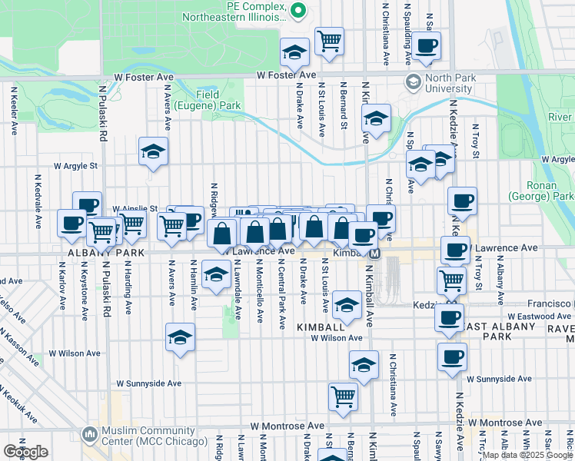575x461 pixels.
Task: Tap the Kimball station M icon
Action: (374, 253)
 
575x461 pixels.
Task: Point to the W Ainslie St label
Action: (135, 208)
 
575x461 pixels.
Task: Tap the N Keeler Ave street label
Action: (15, 111)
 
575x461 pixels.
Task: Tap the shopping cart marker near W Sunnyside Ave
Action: (343, 396)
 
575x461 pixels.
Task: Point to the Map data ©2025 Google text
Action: (527, 455)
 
